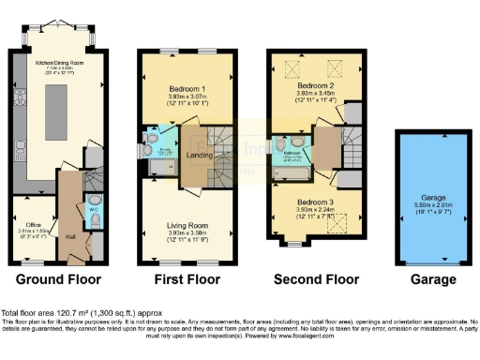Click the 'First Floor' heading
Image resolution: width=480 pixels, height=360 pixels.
187,279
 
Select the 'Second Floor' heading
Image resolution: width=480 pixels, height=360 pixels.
316,279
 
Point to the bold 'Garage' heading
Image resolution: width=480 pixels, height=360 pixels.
432,279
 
